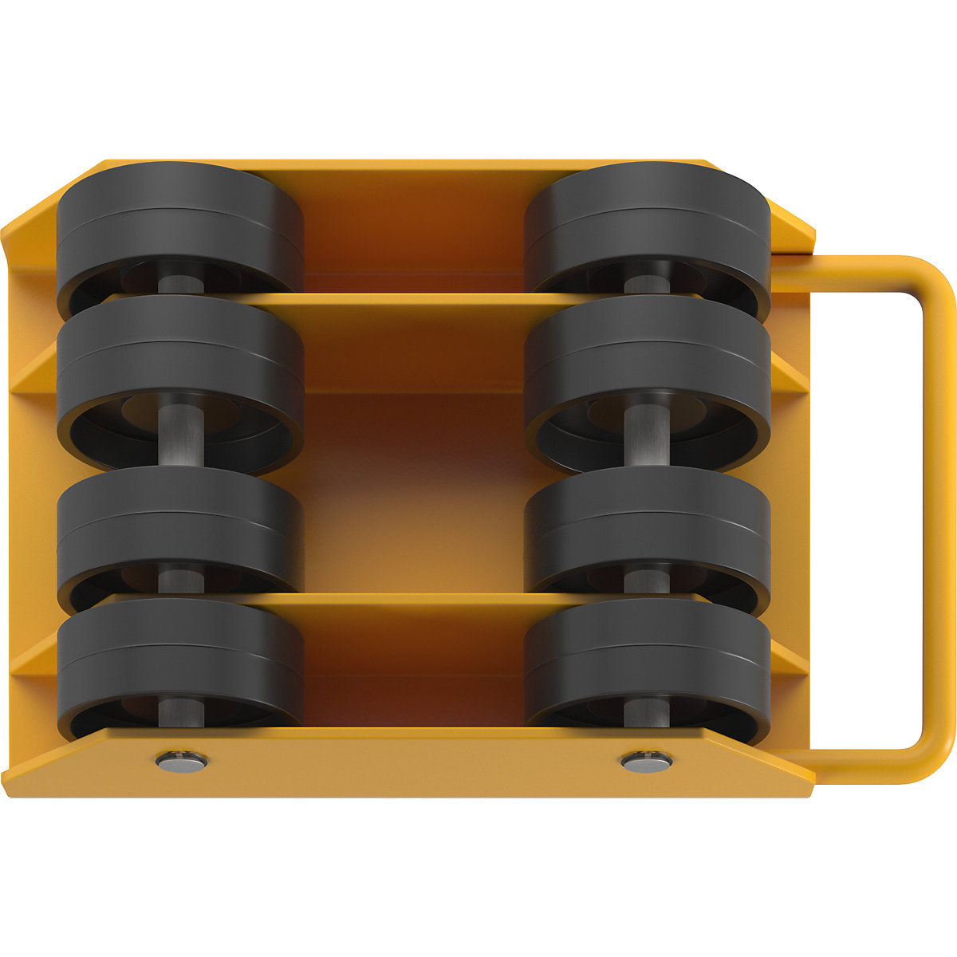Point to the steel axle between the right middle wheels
pyautogui.click(x=647, y=435)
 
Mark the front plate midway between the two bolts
pyautogui.click(x=413, y=762)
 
